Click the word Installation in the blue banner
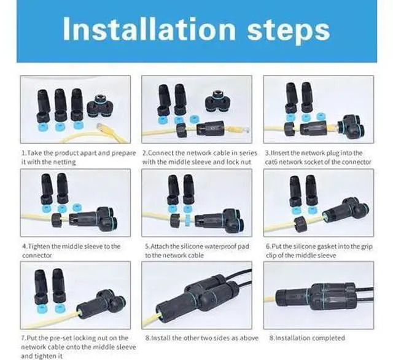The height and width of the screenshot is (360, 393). pyautogui.click(x=149, y=29)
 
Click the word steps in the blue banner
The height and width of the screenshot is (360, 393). pyautogui.click(x=288, y=31)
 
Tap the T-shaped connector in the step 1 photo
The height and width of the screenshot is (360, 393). pyautogui.click(x=100, y=106)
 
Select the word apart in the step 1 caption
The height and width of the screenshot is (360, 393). pyautogui.click(x=88, y=153)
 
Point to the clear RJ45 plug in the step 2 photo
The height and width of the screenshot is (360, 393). pyautogui.click(x=244, y=130)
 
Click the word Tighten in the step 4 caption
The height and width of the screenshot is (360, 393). pyautogui.click(x=38, y=246)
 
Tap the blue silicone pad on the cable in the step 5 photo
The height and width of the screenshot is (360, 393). pyautogui.click(x=187, y=221)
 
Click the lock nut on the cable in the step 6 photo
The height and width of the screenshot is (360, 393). pyautogui.click(x=300, y=224)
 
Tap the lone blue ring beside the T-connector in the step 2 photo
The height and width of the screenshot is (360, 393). pyautogui.click(x=193, y=119)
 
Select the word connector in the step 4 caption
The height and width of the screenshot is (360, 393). pyautogui.click(x=37, y=256)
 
